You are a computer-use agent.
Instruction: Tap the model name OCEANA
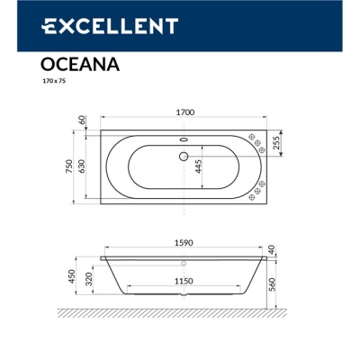pyautogui.click(x=76, y=64)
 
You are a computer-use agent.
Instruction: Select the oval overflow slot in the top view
pyautogui.click(x=183, y=139)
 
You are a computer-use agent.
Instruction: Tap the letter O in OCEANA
pyautogui.click(x=48, y=64)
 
